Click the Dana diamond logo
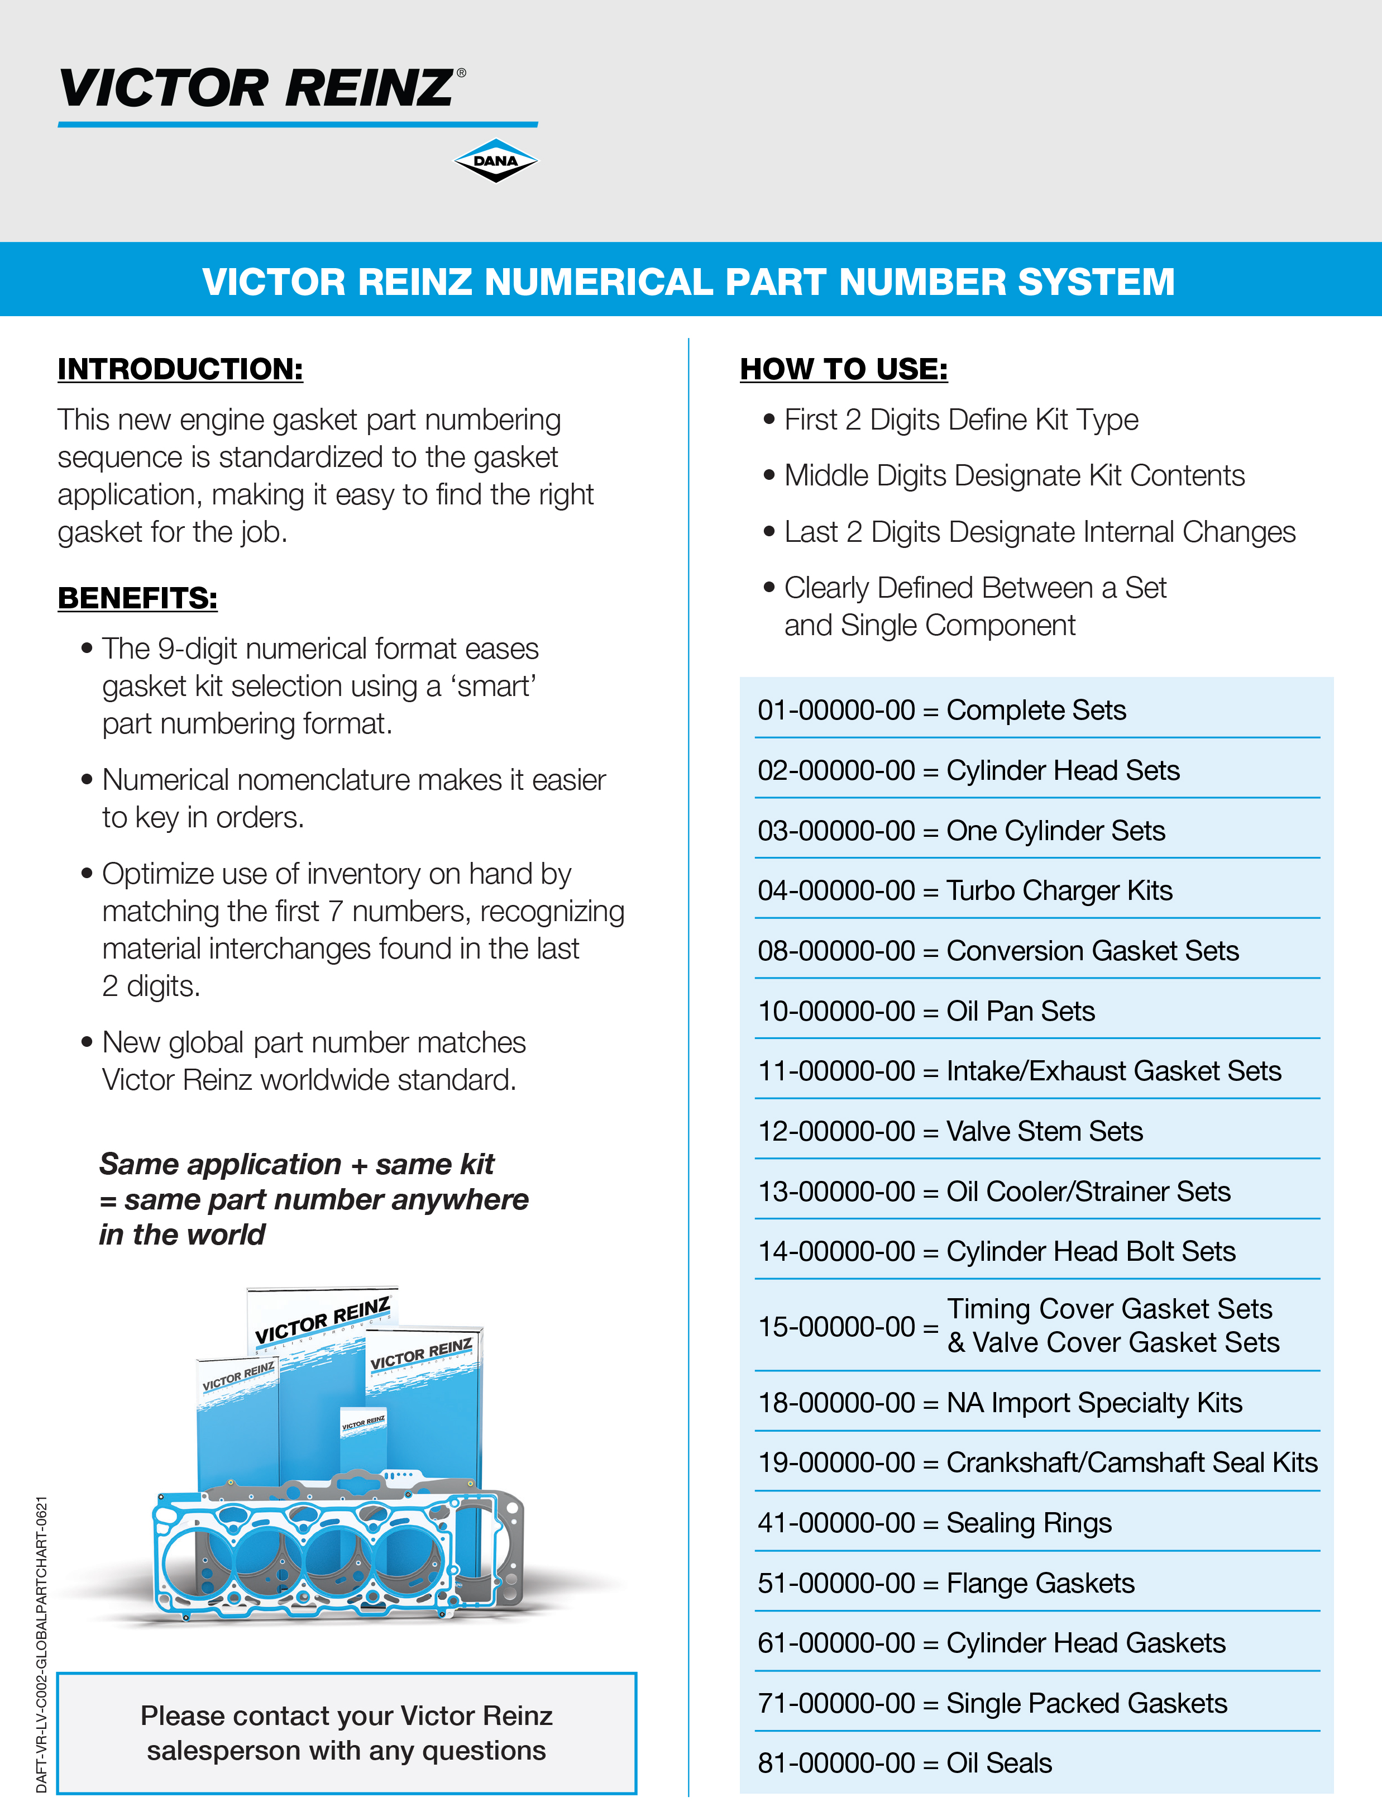(495, 160)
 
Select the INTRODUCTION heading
(180, 369)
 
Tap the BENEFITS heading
(137, 598)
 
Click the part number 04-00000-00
(836, 891)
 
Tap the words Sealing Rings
(1029, 1523)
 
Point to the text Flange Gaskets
(1040, 1583)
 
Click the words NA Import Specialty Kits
(1094, 1403)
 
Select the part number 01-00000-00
(836, 710)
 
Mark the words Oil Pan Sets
(1020, 1011)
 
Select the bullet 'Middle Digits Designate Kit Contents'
(1013, 475)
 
